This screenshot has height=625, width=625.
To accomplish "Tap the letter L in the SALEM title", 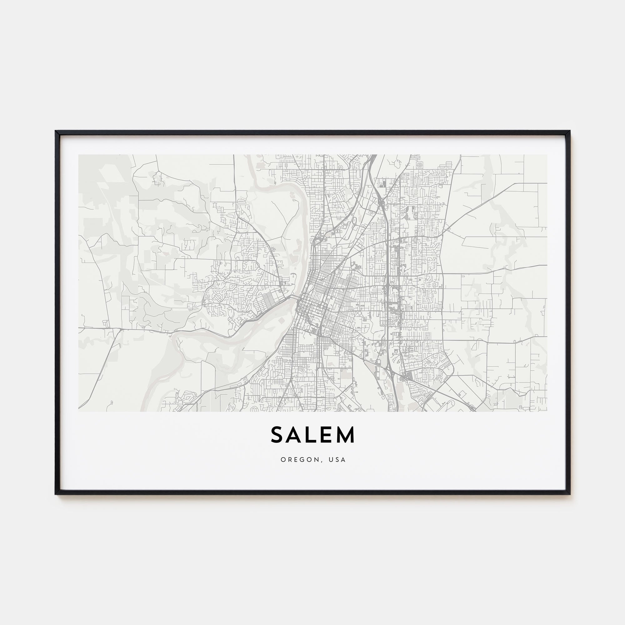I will point(311,435).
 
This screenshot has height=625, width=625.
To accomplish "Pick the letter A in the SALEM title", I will point(294,435).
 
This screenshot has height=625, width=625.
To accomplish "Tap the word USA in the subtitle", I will point(337,460).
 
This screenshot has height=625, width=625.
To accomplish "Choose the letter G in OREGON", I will point(301,460).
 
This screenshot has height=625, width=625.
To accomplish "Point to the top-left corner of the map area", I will point(79,155).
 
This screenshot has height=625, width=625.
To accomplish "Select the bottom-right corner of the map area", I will point(547,412).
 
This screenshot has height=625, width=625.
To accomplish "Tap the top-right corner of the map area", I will point(547,155).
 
